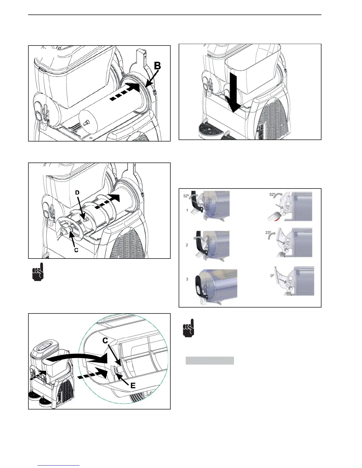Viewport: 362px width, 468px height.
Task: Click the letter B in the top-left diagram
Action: click(x=157, y=66)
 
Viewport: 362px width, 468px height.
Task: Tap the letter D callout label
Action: click(x=77, y=193)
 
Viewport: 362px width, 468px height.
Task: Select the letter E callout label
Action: click(x=133, y=385)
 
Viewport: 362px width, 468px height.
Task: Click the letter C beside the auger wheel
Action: click(x=76, y=250)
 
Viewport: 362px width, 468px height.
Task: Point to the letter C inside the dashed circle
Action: click(x=105, y=341)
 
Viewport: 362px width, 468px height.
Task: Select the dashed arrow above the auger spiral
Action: click(x=108, y=202)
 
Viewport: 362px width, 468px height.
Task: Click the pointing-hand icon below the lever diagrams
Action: click(x=189, y=328)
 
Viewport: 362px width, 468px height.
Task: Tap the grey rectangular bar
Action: click(x=210, y=360)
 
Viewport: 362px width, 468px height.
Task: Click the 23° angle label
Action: click(x=268, y=233)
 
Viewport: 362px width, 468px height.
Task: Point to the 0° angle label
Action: click(x=272, y=275)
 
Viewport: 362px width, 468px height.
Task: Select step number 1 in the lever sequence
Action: click(x=187, y=210)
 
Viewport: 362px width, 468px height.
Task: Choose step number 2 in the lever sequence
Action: click(x=187, y=245)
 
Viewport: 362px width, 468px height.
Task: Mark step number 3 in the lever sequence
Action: click(x=187, y=279)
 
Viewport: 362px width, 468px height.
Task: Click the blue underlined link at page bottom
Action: click(x=59, y=466)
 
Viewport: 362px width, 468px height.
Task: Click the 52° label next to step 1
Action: click(x=186, y=196)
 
